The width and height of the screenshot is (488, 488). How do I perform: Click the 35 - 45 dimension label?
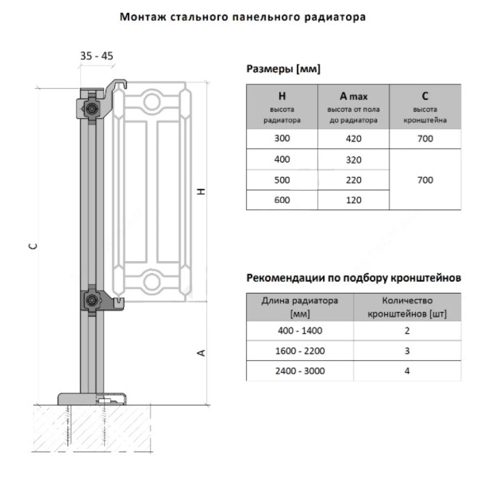[x=97, y=56]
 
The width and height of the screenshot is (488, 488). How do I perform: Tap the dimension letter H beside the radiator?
[x=202, y=191]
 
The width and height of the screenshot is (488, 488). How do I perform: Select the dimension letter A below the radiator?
[x=202, y=353]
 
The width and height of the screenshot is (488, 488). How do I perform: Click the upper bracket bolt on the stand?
[x=92, y=109]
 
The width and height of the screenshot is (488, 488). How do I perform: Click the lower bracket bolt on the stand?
[x=92, y=300]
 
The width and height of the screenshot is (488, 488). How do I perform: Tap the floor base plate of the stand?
[x=92, y=399]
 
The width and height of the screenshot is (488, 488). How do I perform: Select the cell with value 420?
[x=353, y=139]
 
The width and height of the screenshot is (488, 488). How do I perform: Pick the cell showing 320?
[x=353, y=160]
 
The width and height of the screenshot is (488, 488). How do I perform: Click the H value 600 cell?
[x=282, y=200]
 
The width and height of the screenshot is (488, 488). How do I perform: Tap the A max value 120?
[x=353, y=200]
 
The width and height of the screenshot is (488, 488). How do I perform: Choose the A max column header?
[x=353, y=107]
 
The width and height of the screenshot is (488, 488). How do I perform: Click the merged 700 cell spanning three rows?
[x=425, y=180]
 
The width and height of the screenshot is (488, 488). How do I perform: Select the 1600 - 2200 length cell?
[x=300, y=351]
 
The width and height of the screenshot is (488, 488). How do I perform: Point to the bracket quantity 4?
[x=407, y=371]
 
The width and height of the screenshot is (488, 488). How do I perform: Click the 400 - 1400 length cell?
[x=300, y=330]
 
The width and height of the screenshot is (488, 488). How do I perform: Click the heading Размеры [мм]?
[x=283, y=68]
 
